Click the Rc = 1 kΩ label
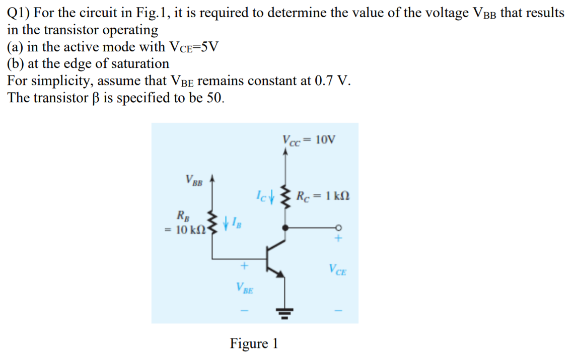323,195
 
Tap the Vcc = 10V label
308,139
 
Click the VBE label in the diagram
245,288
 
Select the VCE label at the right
338,270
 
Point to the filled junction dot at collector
285,228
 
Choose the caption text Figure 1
254,343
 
